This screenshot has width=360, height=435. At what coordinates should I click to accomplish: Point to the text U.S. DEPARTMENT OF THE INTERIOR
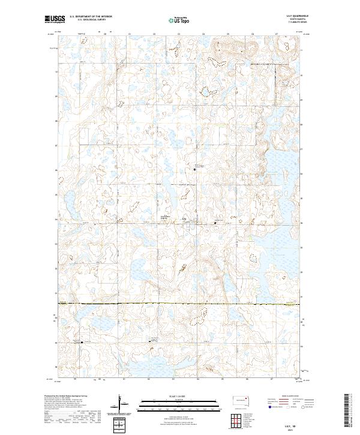[x=91, y=17]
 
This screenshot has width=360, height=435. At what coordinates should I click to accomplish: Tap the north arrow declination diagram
[x=122, y=405]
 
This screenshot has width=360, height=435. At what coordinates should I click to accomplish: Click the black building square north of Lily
[x=194, y=170]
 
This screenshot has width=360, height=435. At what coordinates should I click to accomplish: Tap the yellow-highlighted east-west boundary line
[x=180, y=305]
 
